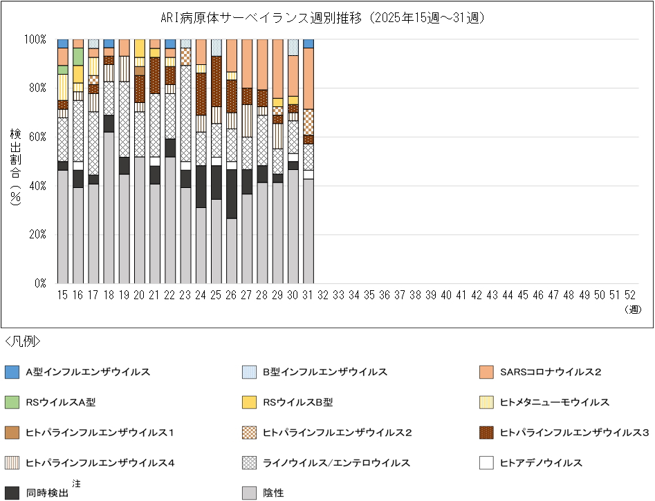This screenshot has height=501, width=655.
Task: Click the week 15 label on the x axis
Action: tap(63, 294)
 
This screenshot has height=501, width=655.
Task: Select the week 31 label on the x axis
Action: tap(308, 294)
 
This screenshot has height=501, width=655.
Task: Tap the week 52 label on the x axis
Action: tap(630, 294)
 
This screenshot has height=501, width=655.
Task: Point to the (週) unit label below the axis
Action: tap(633, 310)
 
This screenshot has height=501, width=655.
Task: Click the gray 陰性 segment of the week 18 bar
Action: tap(109, 207)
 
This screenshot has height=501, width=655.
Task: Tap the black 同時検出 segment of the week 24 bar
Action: tap(201, 187)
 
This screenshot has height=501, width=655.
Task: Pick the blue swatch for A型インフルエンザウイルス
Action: tap(10, 372)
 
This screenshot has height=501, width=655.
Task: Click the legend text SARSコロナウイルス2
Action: tap(550, 372)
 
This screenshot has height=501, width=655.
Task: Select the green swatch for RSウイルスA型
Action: tap(10, 402)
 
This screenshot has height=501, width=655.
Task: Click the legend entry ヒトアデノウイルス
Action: tap(540, 463)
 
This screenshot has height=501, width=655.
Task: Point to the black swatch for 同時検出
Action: tap(10, 493)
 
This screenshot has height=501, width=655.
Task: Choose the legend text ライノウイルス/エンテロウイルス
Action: tap(336, 463)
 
